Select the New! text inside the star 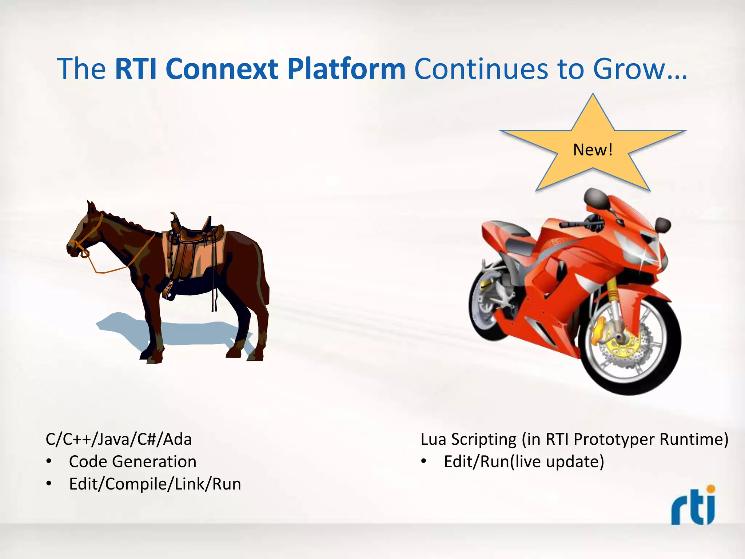(593, 150)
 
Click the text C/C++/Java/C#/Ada (119, 439)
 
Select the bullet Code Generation (132, 461)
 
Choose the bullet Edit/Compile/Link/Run (155, 484)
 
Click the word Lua (433, 439)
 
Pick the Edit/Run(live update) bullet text (524, 461)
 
